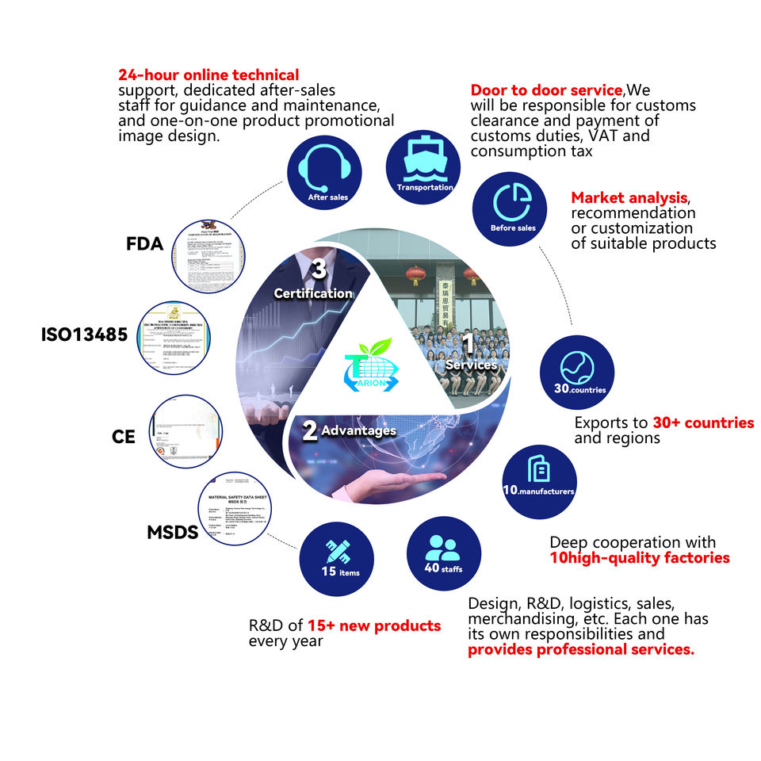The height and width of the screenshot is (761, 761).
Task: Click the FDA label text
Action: coord(144,244)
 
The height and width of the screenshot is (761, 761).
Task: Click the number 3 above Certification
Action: coord(319,270)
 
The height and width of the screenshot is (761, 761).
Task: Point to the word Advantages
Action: coord(358,430)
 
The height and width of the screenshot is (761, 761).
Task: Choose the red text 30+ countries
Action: coord(703,423)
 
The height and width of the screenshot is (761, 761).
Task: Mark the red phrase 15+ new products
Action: coord(374,626)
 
